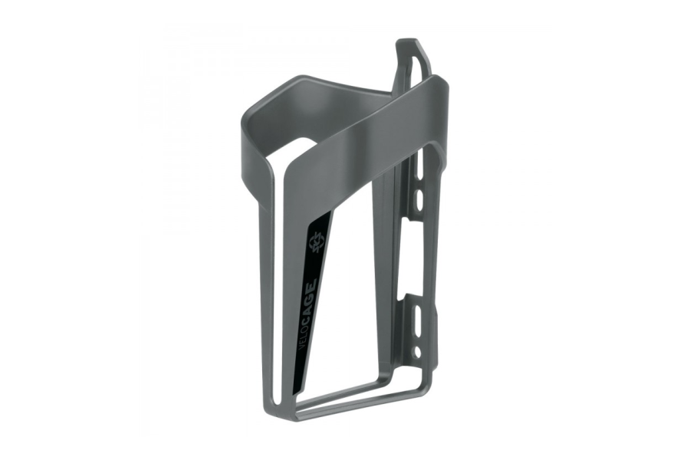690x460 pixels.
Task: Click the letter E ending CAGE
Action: point(314,281)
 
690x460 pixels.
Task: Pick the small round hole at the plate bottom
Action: point(416,351)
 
